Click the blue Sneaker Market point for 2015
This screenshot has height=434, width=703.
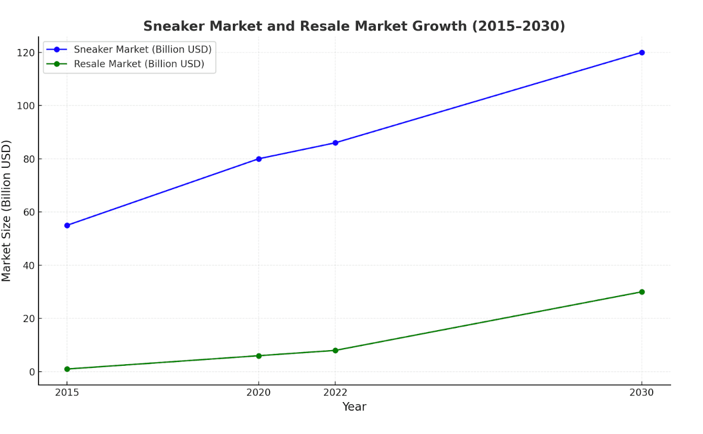(67, 225)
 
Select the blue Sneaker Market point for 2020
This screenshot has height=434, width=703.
(259, 159)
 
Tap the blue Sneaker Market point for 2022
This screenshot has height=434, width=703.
(335, 143)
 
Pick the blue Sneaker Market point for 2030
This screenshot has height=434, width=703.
(642, 52)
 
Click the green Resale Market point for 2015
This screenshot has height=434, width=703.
(67, 369)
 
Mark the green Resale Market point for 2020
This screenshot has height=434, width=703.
(259, 356)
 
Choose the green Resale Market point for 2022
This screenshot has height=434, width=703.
(335, 350)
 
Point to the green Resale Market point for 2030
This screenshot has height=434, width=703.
(642, 292)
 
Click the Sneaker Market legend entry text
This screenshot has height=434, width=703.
(142, 49)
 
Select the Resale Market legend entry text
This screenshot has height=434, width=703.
(139, 64)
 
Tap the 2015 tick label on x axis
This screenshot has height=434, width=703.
(67, 393)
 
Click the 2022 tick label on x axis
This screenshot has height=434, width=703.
(335, 393)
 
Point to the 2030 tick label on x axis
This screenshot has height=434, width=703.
(642, 393)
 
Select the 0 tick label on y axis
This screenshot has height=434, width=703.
(32, 372)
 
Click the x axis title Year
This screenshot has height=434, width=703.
(354, 407)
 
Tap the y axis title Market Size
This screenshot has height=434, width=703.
(6, 211)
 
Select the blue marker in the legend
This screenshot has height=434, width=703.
(57, 49)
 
